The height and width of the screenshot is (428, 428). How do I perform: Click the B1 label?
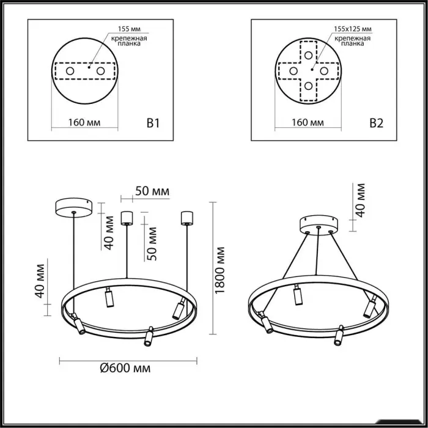[x=153, y=123]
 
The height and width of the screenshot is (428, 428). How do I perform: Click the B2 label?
[x=377, y=123]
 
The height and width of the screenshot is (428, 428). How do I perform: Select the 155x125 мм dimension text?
[x=353, y=29]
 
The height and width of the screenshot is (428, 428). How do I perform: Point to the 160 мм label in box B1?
[x=84, y=122]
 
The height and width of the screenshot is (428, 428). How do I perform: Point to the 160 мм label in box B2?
[x=308, y=122]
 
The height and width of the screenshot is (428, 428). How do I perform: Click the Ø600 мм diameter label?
[x=125, y=368]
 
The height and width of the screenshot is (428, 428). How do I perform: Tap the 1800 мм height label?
[x=220, y=270]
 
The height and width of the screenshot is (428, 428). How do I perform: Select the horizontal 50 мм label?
[x=152, y=191]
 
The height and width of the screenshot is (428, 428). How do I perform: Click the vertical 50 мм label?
[x=151, y=244]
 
